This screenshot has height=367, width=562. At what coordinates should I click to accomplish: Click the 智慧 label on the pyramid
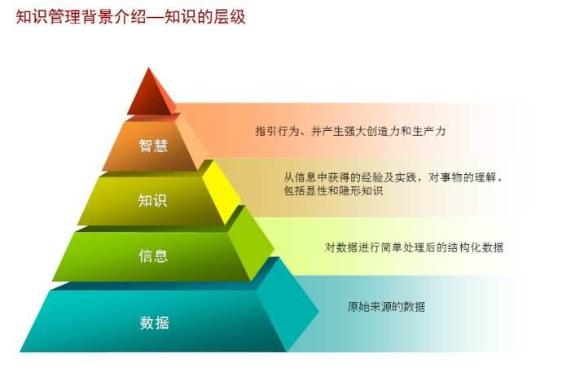click(153, 146)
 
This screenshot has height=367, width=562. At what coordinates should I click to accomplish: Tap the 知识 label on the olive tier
click(152, 200)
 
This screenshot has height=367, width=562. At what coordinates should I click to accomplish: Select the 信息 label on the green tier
click(153, 256)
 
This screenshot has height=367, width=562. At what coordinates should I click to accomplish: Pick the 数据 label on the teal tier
click(154, 322)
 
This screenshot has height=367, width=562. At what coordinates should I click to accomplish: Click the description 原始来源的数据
click(386, 307)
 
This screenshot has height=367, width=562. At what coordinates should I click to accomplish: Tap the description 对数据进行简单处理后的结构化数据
click(414, 247)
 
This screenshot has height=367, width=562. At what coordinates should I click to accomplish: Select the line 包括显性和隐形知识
click(333, 190)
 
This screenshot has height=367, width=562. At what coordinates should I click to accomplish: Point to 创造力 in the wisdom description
click(383, 131)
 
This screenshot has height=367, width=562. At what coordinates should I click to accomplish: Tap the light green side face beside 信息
click(251, 243)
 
